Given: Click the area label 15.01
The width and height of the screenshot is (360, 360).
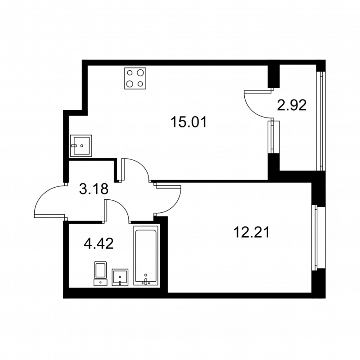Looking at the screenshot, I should coord(189,121).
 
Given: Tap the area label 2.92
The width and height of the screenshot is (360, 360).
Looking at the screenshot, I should coord(292,105).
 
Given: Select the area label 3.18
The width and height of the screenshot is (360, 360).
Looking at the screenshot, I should coord(94,189).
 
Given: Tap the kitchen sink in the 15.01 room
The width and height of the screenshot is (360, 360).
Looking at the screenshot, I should coord(81,145).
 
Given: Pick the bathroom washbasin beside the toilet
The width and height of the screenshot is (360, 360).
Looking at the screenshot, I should coord(120,277).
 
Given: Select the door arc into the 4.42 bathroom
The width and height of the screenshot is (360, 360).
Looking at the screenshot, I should coord(118,209).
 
